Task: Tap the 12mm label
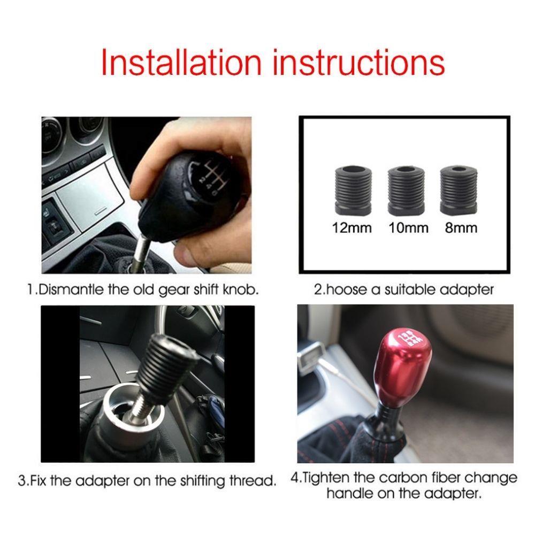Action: point(352,227)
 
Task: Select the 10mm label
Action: point(408,227)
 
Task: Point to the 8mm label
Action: point(461,227)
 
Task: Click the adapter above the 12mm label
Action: point(353,191)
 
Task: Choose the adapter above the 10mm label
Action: point(406,191)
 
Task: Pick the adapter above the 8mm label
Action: point(458,190)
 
